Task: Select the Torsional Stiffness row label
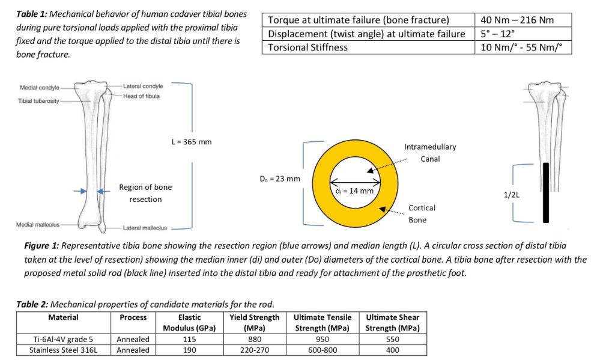tap(308, 47)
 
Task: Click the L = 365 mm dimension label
tap(192, 142)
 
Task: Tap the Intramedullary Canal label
tap(430, 153)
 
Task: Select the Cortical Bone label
tap(422, 213)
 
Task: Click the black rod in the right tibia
tap(546, 192)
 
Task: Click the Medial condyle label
tap(36, 87)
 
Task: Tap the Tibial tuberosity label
tap(38, 100)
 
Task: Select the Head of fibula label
tap(141, 96)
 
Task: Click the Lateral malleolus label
tap(145, 228)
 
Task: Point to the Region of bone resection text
tap(145, 193)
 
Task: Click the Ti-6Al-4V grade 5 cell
tap(63, 339)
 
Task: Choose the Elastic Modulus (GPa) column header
tap(189, 322)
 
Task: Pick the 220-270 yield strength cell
tap(254, 350)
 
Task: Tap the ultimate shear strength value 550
tap(392, 339)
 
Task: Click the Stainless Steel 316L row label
tap(63, 350)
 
